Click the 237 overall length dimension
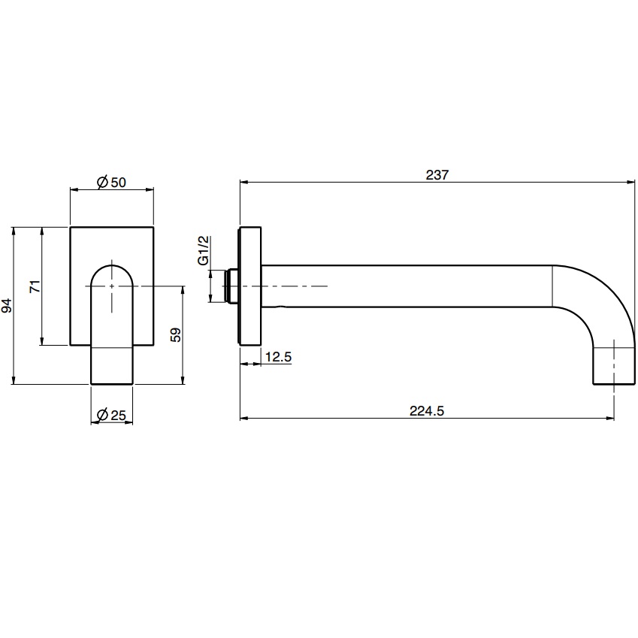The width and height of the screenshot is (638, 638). coord(437,174)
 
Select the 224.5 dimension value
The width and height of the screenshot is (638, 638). coord(428,410)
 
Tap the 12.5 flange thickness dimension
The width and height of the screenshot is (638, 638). coord(278,357)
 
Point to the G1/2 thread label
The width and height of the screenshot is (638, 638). coord(202,250)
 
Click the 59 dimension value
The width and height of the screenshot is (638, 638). coord(176,334)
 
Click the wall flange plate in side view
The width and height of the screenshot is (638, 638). coord(249,286)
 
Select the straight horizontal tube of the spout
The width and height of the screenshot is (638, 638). coord(406,286)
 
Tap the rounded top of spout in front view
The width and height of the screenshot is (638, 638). coord(112,271)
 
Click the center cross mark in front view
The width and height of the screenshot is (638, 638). coord(112,286)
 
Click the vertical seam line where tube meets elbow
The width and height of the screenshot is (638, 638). coord(553,286)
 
